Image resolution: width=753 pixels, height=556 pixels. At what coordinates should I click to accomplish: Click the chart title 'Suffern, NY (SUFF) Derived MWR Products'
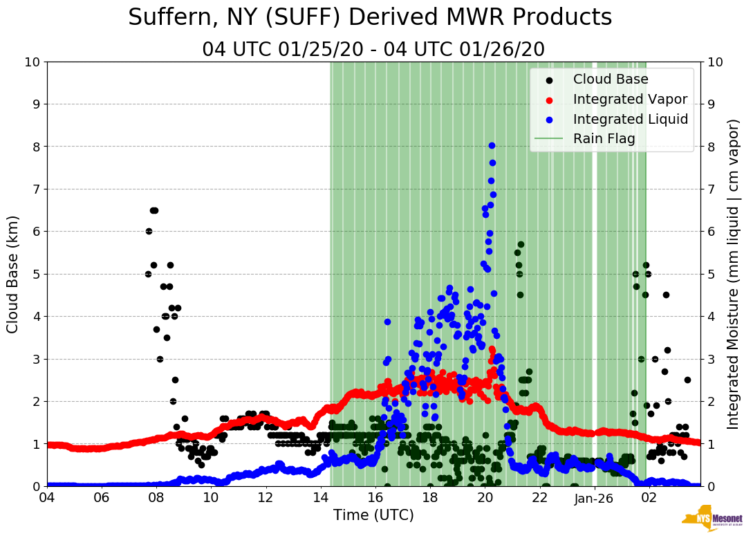370,17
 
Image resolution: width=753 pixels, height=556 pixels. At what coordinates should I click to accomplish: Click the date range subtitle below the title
373,50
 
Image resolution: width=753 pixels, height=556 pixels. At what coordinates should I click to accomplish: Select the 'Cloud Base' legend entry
611,80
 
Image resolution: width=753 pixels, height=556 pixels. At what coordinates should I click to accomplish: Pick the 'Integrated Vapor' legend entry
630,99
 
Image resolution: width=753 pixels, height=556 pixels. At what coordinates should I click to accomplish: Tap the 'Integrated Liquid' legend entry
630,119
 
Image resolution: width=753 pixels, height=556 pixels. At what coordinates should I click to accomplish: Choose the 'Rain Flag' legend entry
604,139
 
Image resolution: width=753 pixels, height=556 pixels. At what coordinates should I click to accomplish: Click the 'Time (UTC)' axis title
373,515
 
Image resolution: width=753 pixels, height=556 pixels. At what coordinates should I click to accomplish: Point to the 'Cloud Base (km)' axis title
13,274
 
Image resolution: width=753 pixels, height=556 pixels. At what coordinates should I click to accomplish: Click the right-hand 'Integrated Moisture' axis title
734,274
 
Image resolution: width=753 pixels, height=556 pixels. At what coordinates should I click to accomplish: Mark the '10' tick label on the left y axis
32,62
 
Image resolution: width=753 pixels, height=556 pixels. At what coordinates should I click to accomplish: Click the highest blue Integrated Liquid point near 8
492,145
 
